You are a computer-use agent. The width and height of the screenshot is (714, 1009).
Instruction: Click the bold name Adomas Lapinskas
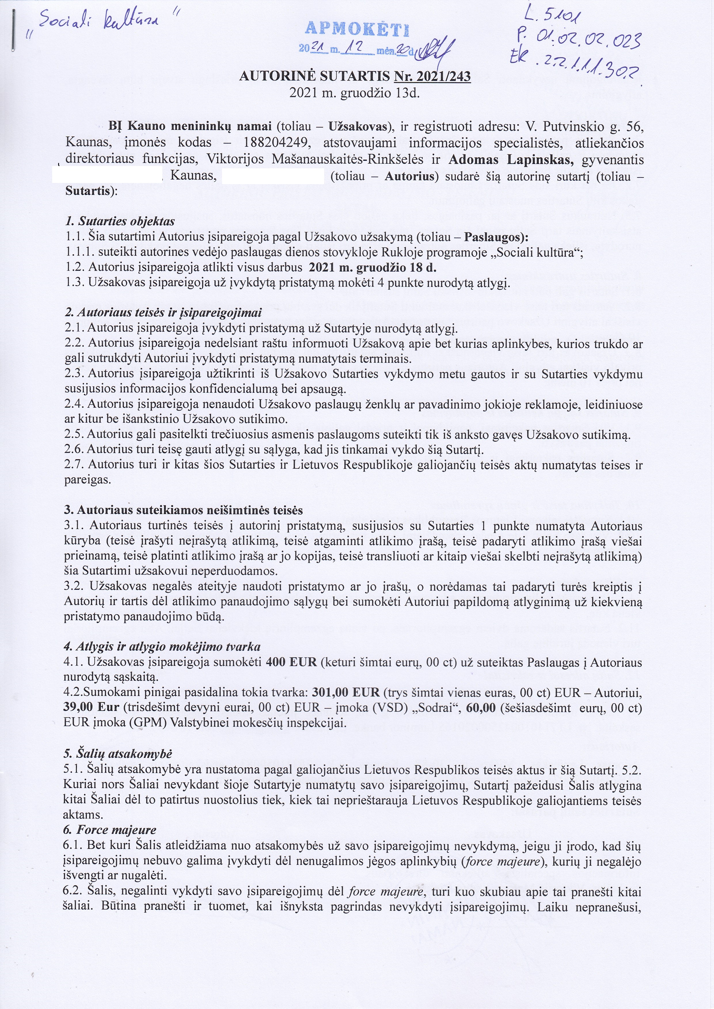pos(510,159)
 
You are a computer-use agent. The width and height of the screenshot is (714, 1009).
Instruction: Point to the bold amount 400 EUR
pos(291,662)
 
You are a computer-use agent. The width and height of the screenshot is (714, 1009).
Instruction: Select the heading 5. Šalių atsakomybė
pos(118,754)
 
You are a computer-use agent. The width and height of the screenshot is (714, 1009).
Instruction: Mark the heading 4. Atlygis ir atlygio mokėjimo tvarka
pos(162,647)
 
